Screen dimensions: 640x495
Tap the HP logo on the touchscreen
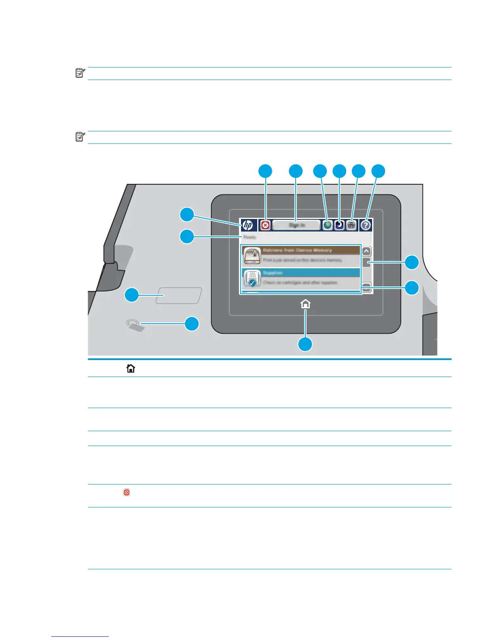pyautogui.click(x=247, y=225)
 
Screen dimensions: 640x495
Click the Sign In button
pyautogui.click(x=296, y=225)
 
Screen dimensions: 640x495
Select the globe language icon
pyautogui.click(x=328, y=225)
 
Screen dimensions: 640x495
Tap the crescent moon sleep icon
pyautogui.click(x=339, y=225)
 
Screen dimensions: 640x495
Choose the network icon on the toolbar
pyautogui.click(x=351, y=225)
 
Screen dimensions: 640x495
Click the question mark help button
pyautogui.click(x=366, y=225)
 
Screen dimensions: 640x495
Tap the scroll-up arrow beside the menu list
pyautogui.click(x=366, y=251)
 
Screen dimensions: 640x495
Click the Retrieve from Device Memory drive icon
pyautogui.click(x=252, y=256)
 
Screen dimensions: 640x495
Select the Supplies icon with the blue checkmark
pyautogui.click(x=252, y=278)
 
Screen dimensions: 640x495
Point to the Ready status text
pyautogui.click(x=250, y=237)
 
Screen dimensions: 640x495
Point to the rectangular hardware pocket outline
pyautogui.click(x=179, y=295)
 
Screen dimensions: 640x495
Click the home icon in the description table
pyautogui.click(x=131, y=368)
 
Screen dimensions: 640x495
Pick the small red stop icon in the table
pyautogui.click(x=127, y=493)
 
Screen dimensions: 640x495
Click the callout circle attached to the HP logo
pyautogui.click(x=187, y=214)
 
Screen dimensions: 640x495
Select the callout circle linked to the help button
pyautogui.click(x=378, y=171)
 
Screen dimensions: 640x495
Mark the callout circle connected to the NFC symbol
pyautogui.click(x=192, y=324)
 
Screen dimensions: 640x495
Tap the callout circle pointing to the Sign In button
pyautogui.click(x=296, y=171)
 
